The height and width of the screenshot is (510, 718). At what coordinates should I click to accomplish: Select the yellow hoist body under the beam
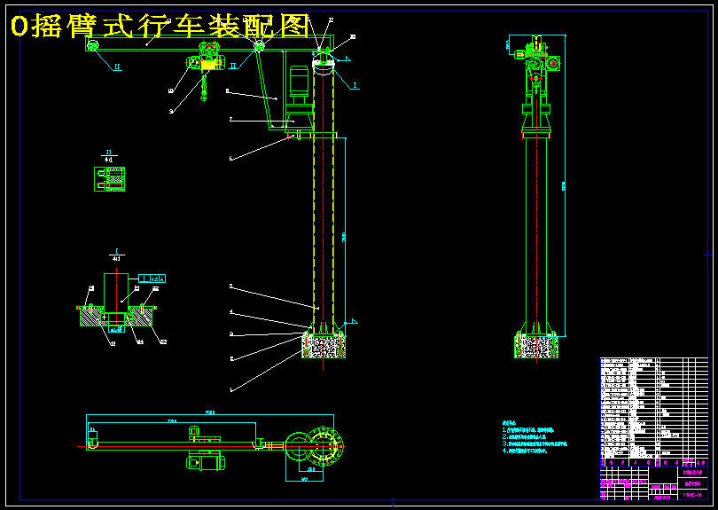pyautogui.click(x=209, y=63)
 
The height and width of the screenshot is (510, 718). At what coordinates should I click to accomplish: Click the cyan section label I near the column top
pyautogui.click(x=355, y=86)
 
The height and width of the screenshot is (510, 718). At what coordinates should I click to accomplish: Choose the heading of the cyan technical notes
pyautogui.click(x=508, y=422)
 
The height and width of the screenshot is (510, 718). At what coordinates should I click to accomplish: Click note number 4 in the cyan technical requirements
pyautogui.click(x=523, y=451)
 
